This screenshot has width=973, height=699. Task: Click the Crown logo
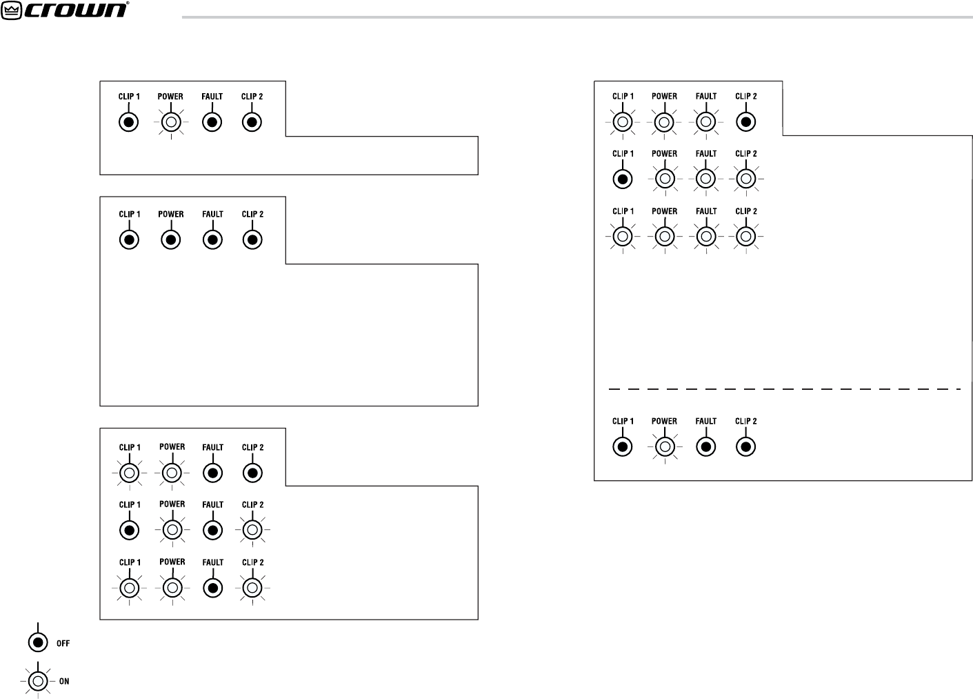(x=66, y=10)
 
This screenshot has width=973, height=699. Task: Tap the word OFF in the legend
(x=63, y=643)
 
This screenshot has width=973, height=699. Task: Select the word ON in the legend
(x=63, y=681)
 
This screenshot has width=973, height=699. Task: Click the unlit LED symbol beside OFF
(x=39, y=642)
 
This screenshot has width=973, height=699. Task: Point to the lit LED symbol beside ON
(x=39, y=680)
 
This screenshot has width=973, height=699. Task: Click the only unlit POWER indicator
(x=170, y=240)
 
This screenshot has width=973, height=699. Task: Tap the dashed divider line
(x=784, y=389)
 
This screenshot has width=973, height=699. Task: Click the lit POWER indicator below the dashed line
(x=664, y=446)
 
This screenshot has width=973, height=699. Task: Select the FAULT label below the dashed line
(x=705, y=421)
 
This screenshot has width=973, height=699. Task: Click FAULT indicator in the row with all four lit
(x=705, y=236)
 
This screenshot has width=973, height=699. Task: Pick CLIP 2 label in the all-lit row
(x=745, y=211)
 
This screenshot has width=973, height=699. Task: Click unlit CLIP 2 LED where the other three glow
(x=745, y=121)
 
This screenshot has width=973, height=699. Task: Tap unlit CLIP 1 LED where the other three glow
(x=623, y=179)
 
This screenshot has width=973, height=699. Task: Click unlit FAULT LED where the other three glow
(x=213, y=588)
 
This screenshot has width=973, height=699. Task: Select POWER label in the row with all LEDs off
(x=170, y=214)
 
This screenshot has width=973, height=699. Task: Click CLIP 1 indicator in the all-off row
(x=129, y=240)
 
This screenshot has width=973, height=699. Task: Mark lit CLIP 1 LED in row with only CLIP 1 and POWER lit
(x=129, y=473)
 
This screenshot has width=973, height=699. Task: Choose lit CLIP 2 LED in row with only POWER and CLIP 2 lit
(x=252, y=530)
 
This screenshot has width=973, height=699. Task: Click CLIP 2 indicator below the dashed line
(x=745, y=446)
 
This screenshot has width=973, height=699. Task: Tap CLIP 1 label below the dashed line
(x=623, y=421)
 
